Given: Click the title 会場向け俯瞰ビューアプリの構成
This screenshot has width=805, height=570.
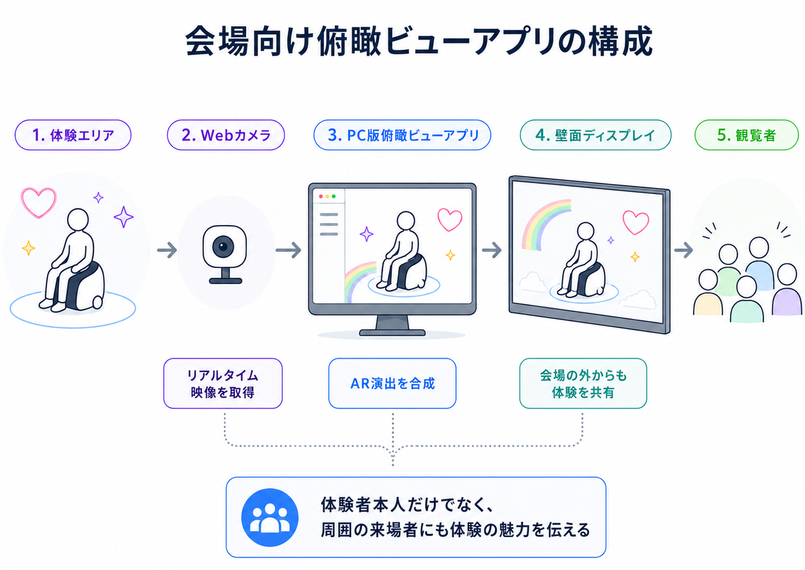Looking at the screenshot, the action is click(419, 41).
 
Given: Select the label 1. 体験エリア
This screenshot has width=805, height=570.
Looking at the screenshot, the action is click(73, 135).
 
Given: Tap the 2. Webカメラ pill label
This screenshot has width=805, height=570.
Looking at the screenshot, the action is click(225, 135).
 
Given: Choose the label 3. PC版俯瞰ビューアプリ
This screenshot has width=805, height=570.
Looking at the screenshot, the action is click(402, 135).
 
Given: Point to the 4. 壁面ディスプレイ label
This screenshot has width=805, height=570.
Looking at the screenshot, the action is click(596, 135).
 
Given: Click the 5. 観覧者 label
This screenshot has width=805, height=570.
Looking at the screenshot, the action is click(747, 135).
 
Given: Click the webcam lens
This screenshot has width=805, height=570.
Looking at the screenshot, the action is click(223, 246).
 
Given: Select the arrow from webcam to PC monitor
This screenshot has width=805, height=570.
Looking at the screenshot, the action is click(288, 250).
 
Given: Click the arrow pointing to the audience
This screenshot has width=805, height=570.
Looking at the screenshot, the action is click(684, 250).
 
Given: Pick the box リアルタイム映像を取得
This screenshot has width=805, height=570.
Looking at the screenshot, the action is click(223, 383).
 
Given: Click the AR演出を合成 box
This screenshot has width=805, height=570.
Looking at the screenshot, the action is click(392, 383).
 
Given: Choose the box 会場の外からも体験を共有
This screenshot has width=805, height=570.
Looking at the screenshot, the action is click(583, 383).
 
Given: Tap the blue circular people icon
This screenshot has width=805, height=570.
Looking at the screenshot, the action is click(270, 517).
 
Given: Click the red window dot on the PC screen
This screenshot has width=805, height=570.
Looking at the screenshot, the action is click(321, 196).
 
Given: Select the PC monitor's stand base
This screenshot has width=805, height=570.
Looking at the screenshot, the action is click(392, 332).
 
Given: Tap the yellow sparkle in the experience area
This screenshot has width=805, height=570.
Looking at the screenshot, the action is click(28, 248).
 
